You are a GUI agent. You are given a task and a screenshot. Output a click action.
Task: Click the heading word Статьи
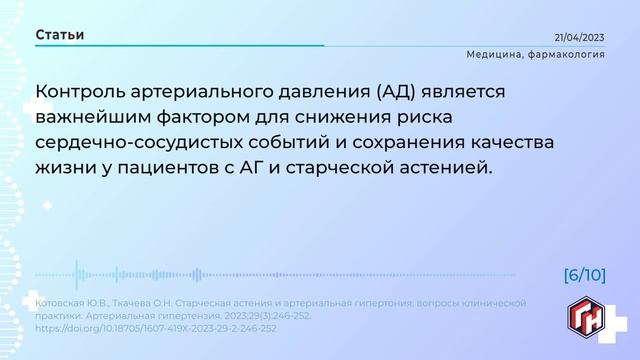(x=60, y=35)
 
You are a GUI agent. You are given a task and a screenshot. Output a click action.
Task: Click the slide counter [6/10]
(x=584, y=274)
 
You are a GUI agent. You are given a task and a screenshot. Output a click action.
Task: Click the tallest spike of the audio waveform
(x=77, y=275)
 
